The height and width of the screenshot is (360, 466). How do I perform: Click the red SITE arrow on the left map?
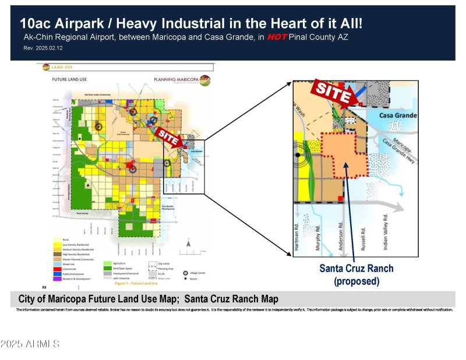click(x=167, y=135)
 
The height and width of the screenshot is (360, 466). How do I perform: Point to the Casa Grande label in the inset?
click(x=398, y=115)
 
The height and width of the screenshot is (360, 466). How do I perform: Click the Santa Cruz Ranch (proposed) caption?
click(x=356, y=274)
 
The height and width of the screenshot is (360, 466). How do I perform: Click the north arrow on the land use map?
click(x=188, y=240)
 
